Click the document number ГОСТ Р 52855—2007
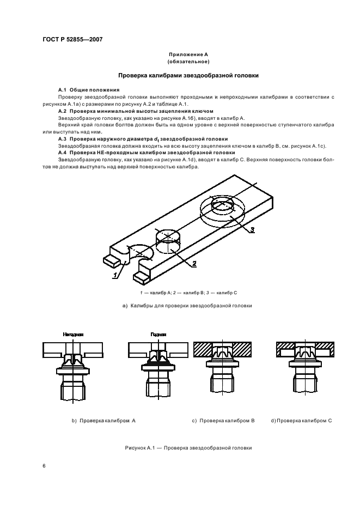coord(73,39)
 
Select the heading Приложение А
coord(188,55)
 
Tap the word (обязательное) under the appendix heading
coord(188,62)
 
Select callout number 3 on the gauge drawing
coord(253,229)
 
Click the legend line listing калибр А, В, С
coord(188,293)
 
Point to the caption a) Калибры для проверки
coord(188,306)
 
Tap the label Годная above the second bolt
coord(158,335)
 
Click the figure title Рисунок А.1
coord(188,448)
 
